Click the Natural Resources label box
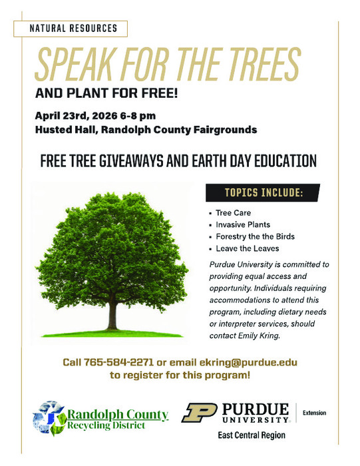click(75, 29)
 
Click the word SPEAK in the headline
click(78, 65)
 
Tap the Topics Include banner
click(264, 193)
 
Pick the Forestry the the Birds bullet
click(255, 236)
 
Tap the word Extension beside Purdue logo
click(314, 413)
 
